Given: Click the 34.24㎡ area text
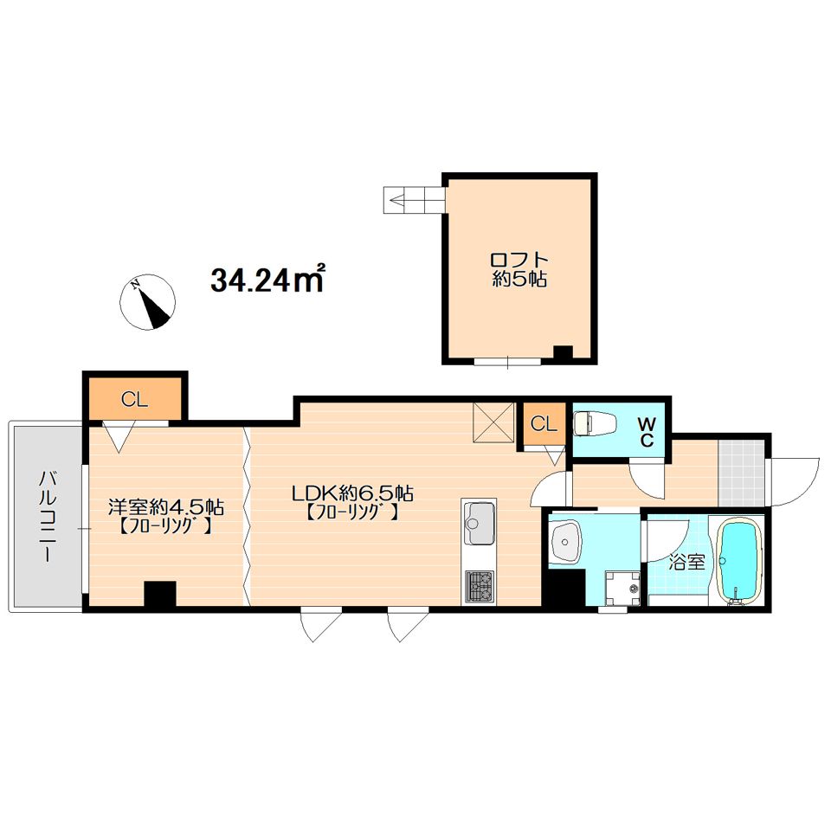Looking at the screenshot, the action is coord(267,280).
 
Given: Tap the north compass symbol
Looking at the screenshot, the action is coord(147,303).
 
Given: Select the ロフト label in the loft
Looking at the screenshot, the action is coord(519,260).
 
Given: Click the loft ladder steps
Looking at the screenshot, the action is coord(414,200).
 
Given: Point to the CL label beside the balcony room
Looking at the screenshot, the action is coord(134,399).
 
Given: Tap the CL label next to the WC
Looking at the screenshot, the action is coord(544,424).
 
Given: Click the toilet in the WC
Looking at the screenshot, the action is coord(596,424).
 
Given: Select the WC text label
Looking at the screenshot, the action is coord(647,432).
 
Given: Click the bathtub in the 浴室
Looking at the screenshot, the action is coord(739,561).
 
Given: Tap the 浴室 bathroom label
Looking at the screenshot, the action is coord(686,562).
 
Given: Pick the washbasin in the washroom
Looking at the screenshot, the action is coord(566,540).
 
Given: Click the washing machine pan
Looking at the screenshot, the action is coord(622,588).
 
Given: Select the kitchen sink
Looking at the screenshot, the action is coord(480,523).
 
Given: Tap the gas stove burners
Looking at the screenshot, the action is coord(480,587).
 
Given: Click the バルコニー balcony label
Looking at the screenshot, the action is coord(47,517).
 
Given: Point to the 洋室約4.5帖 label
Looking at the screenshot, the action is coord(166,506).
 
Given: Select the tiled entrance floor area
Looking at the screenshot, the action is coord(742,473).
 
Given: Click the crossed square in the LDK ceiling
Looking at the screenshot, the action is coord(494,422).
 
